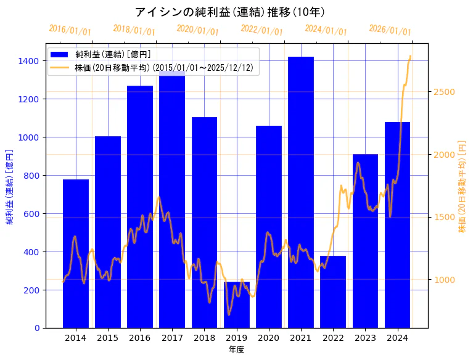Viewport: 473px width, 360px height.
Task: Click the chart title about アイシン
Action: (229, 12)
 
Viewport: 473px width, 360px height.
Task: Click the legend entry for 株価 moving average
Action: (163, 68)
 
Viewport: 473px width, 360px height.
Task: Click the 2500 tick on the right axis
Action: (444, 92)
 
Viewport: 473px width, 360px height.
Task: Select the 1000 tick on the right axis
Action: (444, 280)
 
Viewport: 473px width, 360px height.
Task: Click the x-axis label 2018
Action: (204, 338)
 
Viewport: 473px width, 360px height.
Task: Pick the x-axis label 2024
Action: (397, 338)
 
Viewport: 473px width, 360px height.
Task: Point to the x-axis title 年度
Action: (236, 350)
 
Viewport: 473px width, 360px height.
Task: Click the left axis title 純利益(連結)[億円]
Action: (10, 186)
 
